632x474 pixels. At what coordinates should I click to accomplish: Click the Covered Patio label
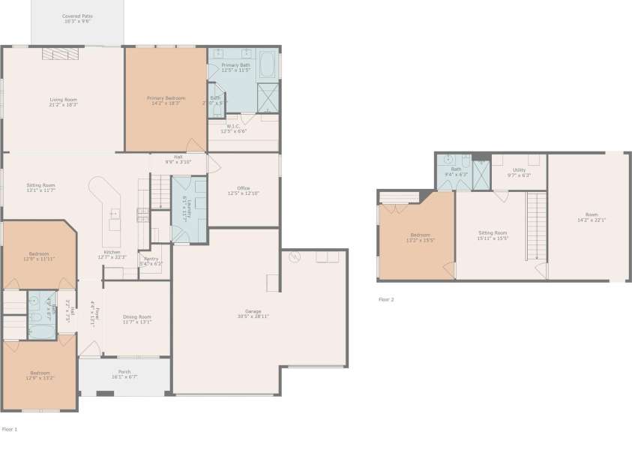(x=76, y=18)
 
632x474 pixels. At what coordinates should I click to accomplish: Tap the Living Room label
(x=63, y=101)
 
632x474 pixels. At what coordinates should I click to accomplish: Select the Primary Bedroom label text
(x=166, y=101)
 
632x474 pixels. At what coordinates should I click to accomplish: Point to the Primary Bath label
(x=235, y=67)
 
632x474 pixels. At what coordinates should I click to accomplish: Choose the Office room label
(x=243, y=190)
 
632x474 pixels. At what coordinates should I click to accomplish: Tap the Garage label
(x=253, y=314)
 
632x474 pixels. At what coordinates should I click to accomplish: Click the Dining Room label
(x=136, y=319)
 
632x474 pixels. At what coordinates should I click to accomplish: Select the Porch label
(x=124, y=373)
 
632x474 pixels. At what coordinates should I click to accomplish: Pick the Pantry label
(x=151, y=262)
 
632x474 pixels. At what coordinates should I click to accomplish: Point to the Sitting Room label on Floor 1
(x=41, y=187)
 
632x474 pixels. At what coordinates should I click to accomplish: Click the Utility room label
(x=519, y=172)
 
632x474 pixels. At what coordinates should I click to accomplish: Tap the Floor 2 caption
(x=385, y=299)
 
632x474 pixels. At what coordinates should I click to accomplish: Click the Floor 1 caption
(x=9, y=429)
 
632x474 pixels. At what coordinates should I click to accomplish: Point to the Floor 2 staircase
(x=535, y=225)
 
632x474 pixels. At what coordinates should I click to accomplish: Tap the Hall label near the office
(x=178, y=159)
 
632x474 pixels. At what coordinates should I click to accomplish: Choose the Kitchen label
(x=112, y=254)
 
